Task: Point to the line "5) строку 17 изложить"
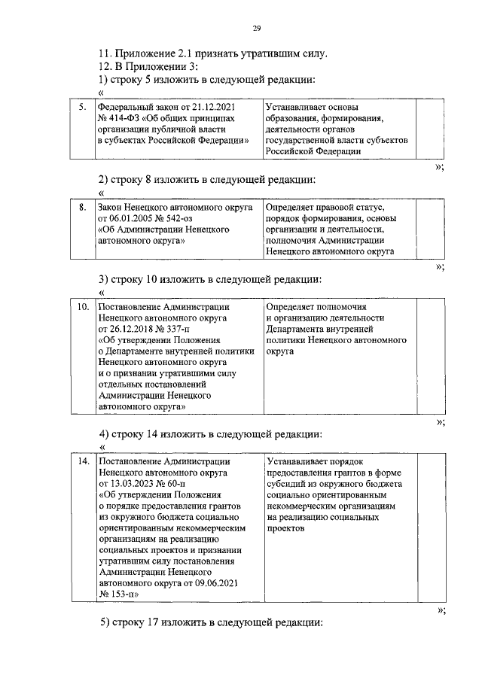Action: pos(211,623)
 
